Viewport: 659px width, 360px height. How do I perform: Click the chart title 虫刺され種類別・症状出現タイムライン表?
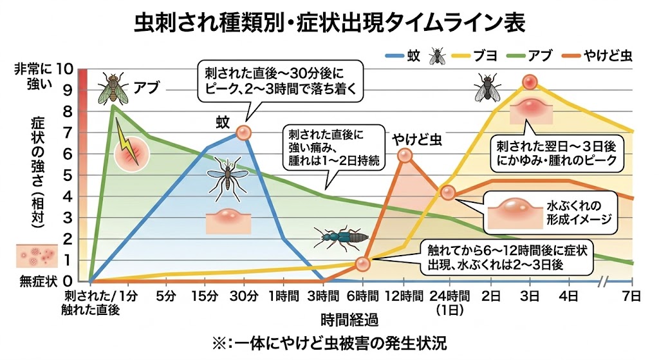click(x=329, y=23)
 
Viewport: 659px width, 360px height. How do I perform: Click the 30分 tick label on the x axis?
click(x=244, y=297)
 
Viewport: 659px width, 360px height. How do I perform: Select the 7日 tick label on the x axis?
click(x=633, y=297)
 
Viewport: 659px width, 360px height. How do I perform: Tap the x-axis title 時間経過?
click(x=348, y=319)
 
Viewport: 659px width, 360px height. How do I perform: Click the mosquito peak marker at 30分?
click(x=244, y=133)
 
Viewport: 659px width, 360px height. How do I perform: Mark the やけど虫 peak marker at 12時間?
click(x=404, y=155)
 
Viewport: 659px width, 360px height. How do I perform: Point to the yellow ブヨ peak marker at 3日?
click(x=530, y=82)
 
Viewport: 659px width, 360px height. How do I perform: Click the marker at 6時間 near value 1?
click(x=363, y=263)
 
